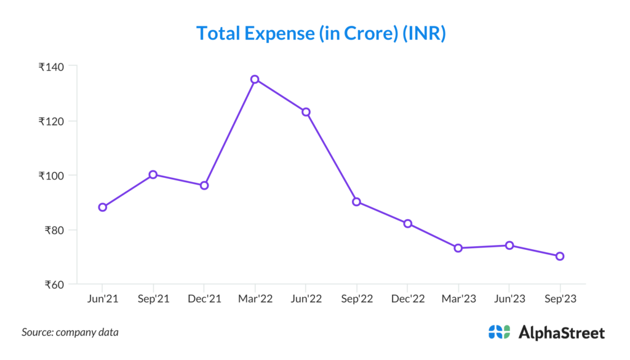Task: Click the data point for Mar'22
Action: pyautogui.click(x=255, y=79)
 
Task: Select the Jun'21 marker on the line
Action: pyautogui.click(x=102, y=207)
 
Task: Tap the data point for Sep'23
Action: pyautogui.click(x=560, y=256)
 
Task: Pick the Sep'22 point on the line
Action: pyautogui.click(x=356, y=202)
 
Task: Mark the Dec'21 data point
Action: pyautogui.click(x=204, y=185)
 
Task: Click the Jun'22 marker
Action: pyautogui.click(x=306, y=112)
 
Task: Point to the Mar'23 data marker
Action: pyautogui.click(x=458, y=248)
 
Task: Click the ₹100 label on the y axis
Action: pyautogui.click(x=53, y=176)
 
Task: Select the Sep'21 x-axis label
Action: pyautogui.click(x=153, y=298)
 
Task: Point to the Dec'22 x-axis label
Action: pyautogui.click(x=407, y=298)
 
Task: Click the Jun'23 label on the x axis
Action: pyautogui.click(x=509, y=298)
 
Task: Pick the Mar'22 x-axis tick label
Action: pyautogui.click(x=255, y=298)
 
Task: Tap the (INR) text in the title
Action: pyautogui.click(x=424, y=33)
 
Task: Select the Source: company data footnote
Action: pyautogui.click(x=70, y=332)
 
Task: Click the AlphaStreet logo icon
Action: pyautogui.click(x=499, y=332)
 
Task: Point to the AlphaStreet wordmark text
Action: pyautogui.click(x=562, y=333)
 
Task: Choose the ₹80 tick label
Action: pyautogui.click(x=55, y=231)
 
